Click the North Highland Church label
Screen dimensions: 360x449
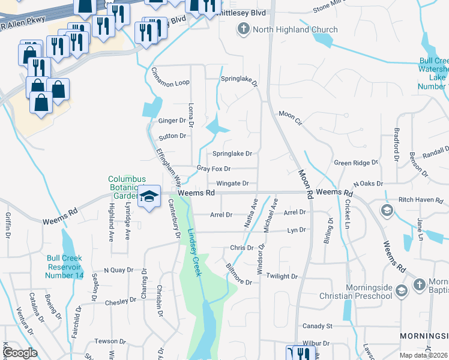coord(286,29)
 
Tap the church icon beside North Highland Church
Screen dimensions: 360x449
coord(244,29)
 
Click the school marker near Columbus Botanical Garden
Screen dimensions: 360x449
coord(148,197)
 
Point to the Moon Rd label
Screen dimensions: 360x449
coord(306,184)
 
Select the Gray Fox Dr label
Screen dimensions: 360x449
coord(213,169)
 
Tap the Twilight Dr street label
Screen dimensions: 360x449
coord(282,276)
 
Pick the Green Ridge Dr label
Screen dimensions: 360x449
coord(356,163)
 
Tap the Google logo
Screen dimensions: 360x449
coord(20,353)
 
